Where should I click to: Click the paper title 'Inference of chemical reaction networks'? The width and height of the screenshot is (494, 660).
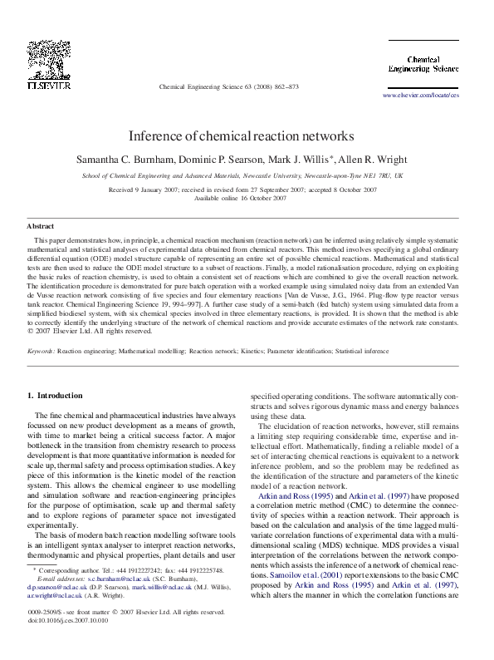pyautogui.click(x=246, y=135)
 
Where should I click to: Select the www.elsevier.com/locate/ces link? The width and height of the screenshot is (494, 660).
pyautogui.click(x=420, y=96)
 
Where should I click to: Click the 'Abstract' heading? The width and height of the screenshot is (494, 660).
pyautogui.click(x=41, y=226)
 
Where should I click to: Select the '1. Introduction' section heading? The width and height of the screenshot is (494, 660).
pyautogui.click(x=55, y=396)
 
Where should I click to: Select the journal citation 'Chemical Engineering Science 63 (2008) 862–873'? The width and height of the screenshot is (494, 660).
pyautogui.click(x=228, y=86)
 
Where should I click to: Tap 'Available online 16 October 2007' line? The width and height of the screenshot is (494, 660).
pyautogui.click(x=246, y=199)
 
